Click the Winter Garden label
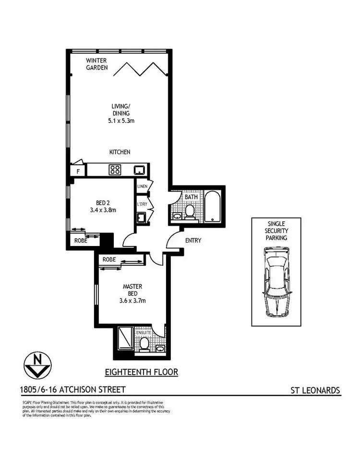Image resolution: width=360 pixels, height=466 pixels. tap(96, 64)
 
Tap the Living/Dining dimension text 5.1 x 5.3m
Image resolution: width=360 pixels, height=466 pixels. tap(120, 121)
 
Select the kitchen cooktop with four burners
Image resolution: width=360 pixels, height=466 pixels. tap(115, 170)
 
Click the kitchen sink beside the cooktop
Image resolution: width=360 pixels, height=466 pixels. tap(139, 170)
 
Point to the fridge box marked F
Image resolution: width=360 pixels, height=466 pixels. tap(77, 170)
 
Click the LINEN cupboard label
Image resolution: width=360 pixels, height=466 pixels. tap(142, 186)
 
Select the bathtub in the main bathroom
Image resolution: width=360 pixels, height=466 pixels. tap(212, 207)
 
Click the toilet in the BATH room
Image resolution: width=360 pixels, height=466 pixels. tap(190, 211)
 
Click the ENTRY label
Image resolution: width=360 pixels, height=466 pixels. tap(192, 240)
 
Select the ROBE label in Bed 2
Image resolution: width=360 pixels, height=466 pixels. tap(81, 240)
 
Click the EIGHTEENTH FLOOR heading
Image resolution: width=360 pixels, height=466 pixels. tap(141, 372)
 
